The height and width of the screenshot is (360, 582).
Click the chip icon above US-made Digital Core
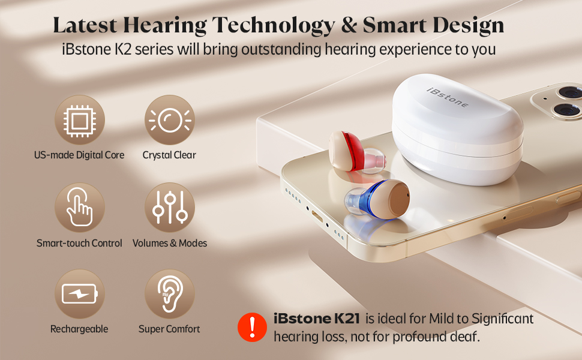click(x=80, y=120)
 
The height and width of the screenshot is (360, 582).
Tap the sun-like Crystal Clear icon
click(x=169, y=120)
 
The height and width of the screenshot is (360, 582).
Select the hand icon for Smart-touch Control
click(x=80, y=208)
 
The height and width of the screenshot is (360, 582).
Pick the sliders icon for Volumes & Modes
click(x=169, y=208)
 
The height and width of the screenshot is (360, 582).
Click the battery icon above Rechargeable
click(x=80, y=295)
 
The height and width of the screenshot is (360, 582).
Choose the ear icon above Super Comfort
click(x=169, y=295)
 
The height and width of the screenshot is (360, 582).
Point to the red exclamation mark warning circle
click(x=253, y=327)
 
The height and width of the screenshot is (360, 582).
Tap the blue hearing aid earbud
click(x=375, y=197)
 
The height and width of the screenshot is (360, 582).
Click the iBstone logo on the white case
click(x=448, y=95)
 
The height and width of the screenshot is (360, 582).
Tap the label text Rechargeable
click(x=79, y=329)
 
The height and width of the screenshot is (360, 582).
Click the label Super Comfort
click(x=169, y=329)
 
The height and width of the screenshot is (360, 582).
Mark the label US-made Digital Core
click(x=79, y=155)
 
